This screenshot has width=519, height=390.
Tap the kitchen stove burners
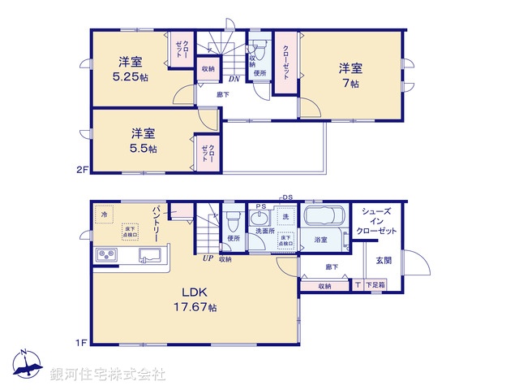coord(106,256)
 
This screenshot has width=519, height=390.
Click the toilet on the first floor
coord(234,220)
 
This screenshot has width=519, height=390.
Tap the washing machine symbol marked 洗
coord(285,218)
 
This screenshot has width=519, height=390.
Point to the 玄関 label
coord(384,260)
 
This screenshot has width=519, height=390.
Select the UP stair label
coord(208,258)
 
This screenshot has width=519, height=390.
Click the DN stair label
coord(233,80)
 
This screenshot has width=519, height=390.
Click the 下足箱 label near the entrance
coord(375,285)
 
